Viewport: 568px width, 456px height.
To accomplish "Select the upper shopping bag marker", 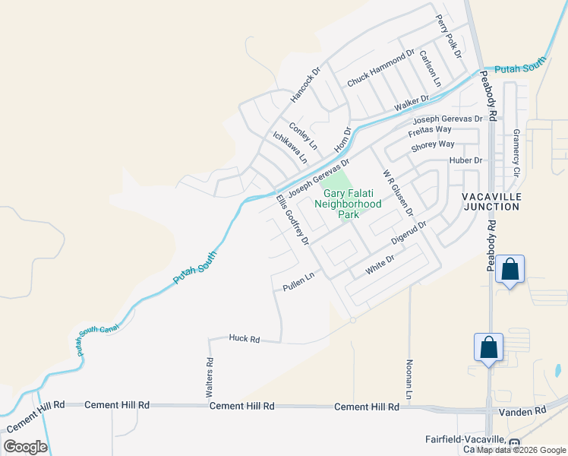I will [x=510, y=270].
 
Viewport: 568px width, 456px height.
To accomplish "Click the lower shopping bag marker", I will [x=489, y=347].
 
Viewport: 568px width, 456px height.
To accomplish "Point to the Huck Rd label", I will [x=244, y=339].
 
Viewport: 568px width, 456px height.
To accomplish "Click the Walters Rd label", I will [x=210, y=378].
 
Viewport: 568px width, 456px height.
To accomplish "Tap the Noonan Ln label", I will [x=409, y=379].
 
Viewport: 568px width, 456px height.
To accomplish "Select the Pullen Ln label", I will [x=298, y=282].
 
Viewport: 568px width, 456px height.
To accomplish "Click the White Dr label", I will [x=380, y=264].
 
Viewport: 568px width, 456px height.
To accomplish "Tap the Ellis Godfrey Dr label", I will [x=292, y=220].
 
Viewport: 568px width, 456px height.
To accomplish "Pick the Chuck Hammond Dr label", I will [x=380, y=68].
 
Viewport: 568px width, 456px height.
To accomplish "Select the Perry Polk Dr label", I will [x=448, y=35].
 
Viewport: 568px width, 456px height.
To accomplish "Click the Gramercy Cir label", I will [x=516, y=152].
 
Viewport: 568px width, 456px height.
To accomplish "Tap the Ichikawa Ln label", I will [x=290, y=147].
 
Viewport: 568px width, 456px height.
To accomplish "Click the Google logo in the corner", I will [x=25, y=447].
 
